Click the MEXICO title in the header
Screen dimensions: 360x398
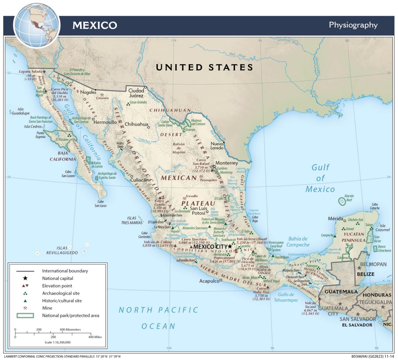tap(95, 25)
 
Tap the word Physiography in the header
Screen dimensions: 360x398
tap(353, 25)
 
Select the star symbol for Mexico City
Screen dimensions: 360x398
tap(230, 247)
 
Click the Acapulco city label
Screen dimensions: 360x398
tap(209, 281)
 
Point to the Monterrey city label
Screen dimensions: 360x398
tap(227, 163)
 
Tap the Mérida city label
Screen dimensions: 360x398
tap(335, 219)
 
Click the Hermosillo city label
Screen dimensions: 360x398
tap(105, 122)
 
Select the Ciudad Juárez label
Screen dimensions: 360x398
tap(136, 93)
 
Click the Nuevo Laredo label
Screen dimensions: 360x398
tap(217, 146)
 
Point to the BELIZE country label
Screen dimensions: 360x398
tap(365, 274)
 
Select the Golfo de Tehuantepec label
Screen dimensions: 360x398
tap(286, 297)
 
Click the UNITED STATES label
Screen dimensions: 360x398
tap(205, 67)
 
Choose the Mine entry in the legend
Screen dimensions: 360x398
tap(47, 308)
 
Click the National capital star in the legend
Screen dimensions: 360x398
tap(25, 278)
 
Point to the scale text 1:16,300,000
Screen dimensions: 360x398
tap(57, 342)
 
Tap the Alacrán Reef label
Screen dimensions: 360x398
tap(349, 198)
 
